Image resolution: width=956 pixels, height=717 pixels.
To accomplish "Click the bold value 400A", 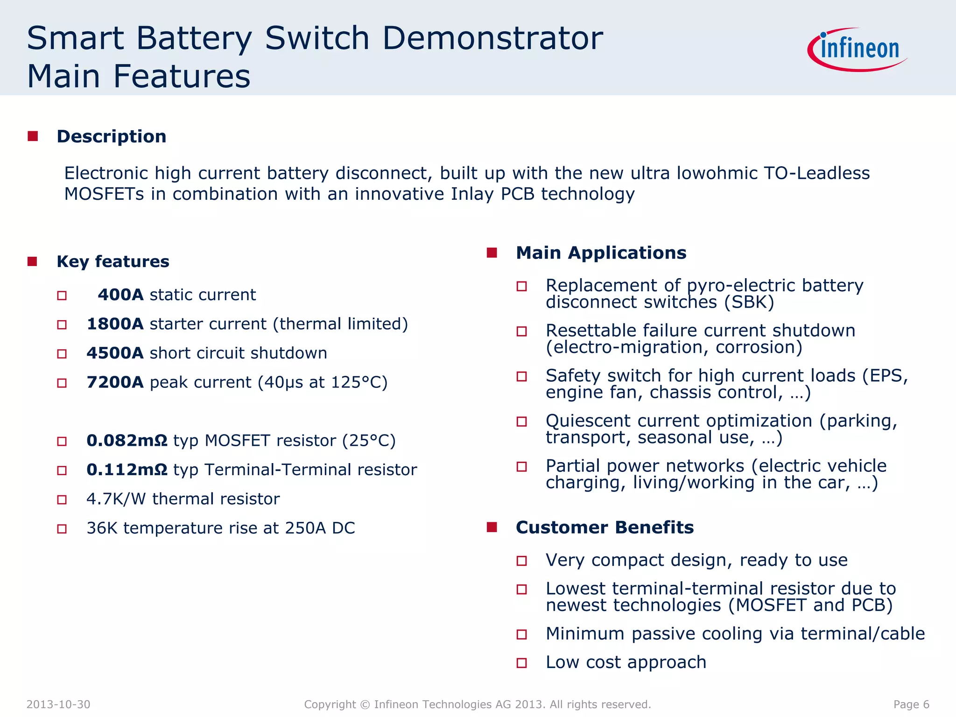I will (120, 295).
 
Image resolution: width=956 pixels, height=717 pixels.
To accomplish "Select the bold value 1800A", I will (115, 324).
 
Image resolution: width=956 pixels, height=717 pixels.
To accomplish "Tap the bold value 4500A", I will (115, 353).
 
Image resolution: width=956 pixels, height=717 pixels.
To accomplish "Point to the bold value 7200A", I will (115, 382).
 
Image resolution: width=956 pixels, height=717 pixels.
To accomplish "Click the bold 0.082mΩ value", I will (127, 441).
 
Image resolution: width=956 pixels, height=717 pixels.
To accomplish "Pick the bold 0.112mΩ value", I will (127, 470).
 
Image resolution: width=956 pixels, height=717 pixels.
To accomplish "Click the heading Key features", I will (112, 261).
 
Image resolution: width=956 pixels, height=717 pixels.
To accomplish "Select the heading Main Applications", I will (601, 253).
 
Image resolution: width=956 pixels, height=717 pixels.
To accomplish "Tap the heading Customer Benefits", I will (605, 527).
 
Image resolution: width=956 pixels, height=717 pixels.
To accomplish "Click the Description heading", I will (111, 136).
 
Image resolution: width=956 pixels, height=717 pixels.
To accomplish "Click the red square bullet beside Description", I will (33, 136).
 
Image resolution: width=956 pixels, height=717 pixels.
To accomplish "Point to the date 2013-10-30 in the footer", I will (58, 704).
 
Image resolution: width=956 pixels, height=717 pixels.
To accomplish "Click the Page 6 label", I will (911, 704).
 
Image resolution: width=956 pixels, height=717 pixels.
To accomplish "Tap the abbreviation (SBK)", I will (749, 302).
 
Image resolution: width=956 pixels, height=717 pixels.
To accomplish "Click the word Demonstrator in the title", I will (492, 38).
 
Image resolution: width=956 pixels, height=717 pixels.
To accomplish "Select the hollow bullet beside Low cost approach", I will (521, 663).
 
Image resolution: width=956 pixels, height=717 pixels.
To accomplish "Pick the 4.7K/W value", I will (116, 499).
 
